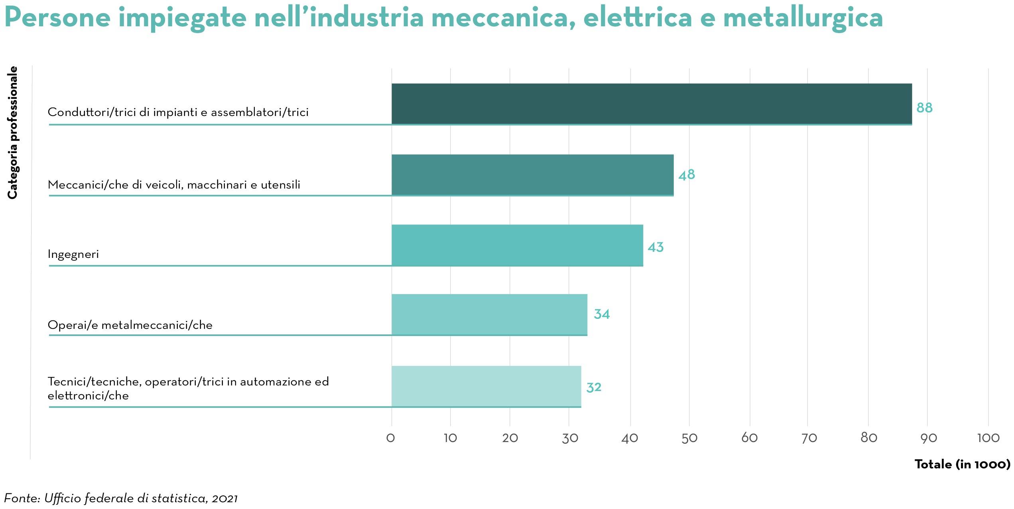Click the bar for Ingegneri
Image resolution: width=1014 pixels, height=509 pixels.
point(517,245)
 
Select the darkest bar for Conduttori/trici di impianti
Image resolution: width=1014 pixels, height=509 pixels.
point(651,104)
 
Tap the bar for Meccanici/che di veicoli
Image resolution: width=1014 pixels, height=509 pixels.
point(532,175)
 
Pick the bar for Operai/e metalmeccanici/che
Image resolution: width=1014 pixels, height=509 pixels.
point(489,314)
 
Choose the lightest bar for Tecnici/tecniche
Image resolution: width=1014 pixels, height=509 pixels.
point(486,386)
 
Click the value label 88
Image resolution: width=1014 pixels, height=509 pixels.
point(924,108)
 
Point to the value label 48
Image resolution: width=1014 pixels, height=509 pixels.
point(687,175)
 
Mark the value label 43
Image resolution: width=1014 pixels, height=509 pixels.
point(656,247)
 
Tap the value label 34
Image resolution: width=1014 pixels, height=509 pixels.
point(602,314)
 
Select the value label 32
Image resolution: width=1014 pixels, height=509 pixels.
point(594,387)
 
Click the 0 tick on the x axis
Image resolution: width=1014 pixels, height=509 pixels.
point(391,438)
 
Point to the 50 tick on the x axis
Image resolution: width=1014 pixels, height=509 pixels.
point(689,438)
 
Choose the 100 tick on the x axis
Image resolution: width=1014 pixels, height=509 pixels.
point(988,438)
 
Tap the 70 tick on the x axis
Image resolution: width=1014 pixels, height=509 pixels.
point(809,438)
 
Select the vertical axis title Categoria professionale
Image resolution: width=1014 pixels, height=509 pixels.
point(13,132)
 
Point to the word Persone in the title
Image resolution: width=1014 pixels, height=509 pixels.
point(57,18)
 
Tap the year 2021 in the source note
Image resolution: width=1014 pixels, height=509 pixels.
point(225,498)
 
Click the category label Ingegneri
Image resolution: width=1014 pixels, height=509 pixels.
point(73,254)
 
